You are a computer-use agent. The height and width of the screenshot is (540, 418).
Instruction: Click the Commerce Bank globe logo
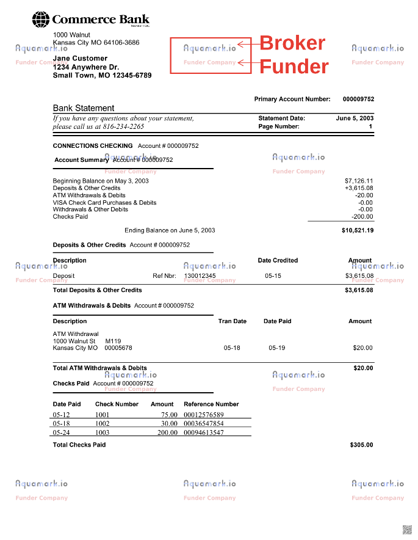coord(41,20)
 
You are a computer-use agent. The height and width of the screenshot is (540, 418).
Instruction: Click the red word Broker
coord(292,43)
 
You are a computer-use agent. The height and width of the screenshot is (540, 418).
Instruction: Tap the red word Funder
coord(294,66)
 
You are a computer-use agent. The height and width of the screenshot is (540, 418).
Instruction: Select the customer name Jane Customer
coord(80,59)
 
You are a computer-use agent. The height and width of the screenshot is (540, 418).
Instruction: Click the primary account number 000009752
coord(358,99)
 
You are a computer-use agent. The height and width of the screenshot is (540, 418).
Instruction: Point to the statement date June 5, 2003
coord(355,119)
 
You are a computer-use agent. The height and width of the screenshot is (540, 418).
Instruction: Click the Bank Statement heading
coord(84,108)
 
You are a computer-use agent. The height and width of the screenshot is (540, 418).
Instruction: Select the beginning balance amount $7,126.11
coord(359,181)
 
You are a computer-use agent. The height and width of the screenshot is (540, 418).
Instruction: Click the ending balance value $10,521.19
coord(358,231)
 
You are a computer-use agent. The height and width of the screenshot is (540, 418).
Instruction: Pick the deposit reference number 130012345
coord(200,276)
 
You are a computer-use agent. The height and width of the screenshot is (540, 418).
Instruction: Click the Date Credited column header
coord(278,260)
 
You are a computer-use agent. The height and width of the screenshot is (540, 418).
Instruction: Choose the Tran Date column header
coord(232,321)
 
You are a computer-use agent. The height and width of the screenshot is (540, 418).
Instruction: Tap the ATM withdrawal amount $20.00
coord(362,348)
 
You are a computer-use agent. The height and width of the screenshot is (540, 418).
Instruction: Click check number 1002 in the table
coord(103,423)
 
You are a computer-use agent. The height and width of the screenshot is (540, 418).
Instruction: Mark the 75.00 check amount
coord(169,415)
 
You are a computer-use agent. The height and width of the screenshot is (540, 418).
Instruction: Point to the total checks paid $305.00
coord(361,445)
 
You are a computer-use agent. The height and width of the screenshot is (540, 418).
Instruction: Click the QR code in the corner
coord(407,529)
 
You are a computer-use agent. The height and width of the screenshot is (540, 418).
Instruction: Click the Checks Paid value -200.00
coord(362,217)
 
